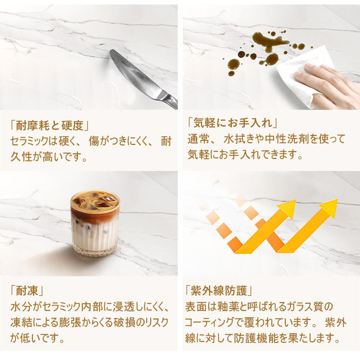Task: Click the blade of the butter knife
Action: pos(135,74)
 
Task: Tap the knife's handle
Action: pos(170,99)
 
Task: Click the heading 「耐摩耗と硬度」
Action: pos(49,126)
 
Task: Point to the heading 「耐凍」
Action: pos(27,291)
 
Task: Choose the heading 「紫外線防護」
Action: pos(219,291)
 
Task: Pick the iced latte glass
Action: pos(95,222)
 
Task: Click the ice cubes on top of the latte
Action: pos(95,200)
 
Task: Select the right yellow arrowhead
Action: pos(329,208)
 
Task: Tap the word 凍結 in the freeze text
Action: pos(21,322)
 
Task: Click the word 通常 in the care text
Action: pos(198,139)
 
